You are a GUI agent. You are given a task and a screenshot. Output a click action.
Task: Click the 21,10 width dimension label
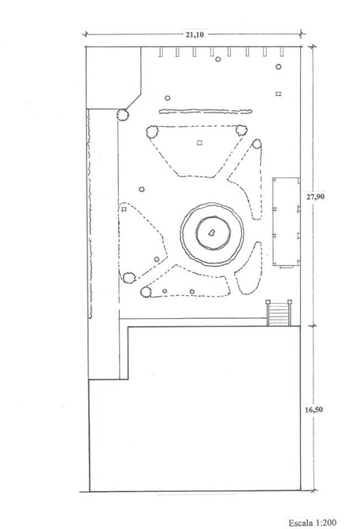coord(195,34)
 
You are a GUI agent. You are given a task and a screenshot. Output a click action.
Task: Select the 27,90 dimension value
coord(315,196)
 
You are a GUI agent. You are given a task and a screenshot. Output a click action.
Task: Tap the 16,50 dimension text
coord(314,409)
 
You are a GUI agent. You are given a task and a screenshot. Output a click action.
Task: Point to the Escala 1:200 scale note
coord(313,523)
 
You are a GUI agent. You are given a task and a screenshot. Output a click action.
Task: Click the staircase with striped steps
coord(279,313)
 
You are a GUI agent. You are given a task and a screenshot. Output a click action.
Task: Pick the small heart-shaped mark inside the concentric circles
coord(212,232)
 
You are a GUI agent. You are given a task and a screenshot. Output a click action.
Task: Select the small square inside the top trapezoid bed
coord(199,142)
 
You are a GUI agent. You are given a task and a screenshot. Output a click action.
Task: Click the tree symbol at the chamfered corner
coord(123,115)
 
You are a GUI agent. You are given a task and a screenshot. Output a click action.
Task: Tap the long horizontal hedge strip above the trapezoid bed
coord(206,111)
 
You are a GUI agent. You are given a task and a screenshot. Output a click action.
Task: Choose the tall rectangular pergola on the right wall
coord(287,222)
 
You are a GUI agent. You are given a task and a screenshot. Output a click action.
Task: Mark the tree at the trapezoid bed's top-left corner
coord(153,131)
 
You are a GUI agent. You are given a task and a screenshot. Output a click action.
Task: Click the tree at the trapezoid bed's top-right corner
coord(241,130)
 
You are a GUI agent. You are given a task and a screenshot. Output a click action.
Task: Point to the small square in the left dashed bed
coord(124,209)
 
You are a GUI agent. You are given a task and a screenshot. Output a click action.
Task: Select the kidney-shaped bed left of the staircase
coord(249,268)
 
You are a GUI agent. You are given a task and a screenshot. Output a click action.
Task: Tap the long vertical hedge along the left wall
coord(90,213)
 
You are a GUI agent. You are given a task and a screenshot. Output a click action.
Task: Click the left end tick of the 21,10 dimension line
coord(86,34)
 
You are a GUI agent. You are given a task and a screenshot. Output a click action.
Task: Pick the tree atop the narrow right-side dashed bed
coord(257,144)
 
